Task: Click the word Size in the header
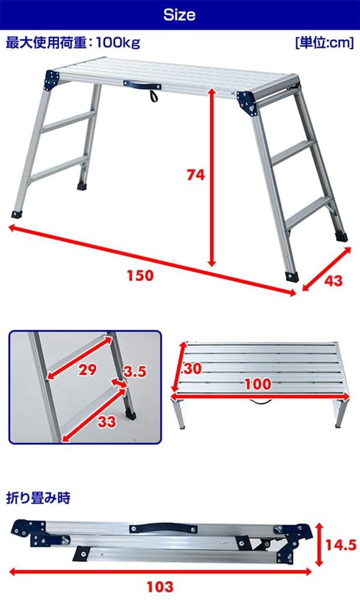click(179, 15)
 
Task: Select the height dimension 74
click(196, 175)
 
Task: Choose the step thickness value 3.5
click(134, 371)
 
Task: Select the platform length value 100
click(259, 384)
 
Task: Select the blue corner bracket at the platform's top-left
click(53, 79)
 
